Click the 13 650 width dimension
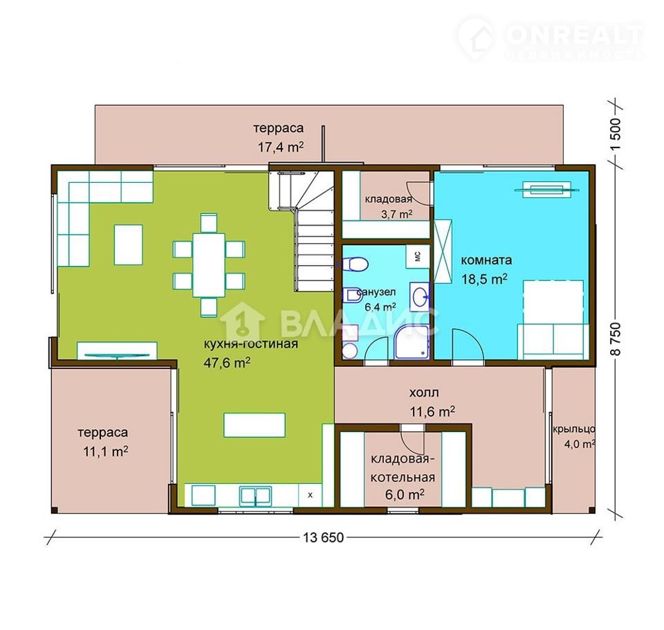(323, 538)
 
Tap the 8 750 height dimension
(616, 339)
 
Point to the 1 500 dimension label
(616, 134)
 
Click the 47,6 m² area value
(227, 363)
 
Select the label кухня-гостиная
(250, 343)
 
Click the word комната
(486, 260)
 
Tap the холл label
(423, 393)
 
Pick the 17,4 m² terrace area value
(281, 147)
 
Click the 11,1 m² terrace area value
(105, 451)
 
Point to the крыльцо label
(574, 429)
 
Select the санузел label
(376, 292)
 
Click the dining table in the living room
(209, 265)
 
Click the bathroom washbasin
(420, 294)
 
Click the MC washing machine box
(418, 256)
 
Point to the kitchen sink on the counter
(255, 496)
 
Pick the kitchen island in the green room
(254, 425)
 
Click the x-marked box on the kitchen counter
(311, 495)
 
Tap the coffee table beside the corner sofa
(129, 244)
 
